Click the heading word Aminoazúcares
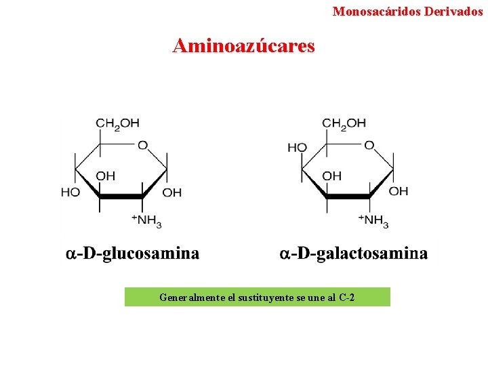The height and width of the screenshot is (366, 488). (243, 46)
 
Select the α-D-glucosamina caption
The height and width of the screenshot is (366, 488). (133, 254)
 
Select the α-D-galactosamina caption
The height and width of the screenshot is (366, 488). (354, 254)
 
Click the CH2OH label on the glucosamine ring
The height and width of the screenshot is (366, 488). (117, 123)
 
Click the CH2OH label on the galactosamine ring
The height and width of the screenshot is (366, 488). (344, 123)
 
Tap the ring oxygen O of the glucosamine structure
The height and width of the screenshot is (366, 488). (142, 145)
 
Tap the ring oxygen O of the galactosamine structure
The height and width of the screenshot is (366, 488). (369, 145)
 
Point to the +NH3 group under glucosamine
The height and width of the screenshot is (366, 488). (146, 220)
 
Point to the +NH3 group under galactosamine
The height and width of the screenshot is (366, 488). (373, 220)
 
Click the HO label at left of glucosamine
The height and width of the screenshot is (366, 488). (70, 192)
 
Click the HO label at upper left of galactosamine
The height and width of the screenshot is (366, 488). (297, 147)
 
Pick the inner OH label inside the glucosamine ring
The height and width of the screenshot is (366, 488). (105, 176)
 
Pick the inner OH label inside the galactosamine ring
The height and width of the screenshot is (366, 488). (331, 176)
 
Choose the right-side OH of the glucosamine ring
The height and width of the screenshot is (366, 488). (172, 192)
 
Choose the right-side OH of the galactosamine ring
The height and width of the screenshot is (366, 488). (399, 191)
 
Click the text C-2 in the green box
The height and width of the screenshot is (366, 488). (346, 298)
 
